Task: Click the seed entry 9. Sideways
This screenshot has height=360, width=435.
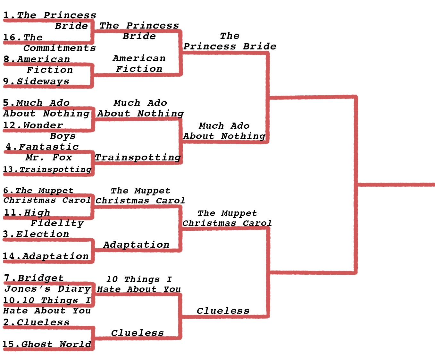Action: click(36, 81)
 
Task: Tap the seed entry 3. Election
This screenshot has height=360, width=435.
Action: click(36, 234)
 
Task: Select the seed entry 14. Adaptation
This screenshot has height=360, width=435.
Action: click(46, 256)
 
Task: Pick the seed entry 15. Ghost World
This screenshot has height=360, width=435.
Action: click(47, 344)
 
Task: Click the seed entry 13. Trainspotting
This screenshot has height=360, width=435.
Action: click(47, 169)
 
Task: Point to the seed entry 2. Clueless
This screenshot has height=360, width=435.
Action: click(36, 322)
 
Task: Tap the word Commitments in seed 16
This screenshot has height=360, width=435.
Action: click(59, 48)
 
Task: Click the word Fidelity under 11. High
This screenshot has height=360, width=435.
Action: click(57, 223)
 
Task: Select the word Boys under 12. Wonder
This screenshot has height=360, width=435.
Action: click(63, 136)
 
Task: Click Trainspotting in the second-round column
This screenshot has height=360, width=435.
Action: click(138, 158)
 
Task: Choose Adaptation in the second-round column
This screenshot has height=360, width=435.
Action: click(136, 245)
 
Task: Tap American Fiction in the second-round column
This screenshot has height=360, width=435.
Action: click(139, 64)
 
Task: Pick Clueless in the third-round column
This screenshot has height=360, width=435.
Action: click(223, 311)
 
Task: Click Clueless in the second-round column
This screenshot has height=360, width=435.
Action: click(137, 333)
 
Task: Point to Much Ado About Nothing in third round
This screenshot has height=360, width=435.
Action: click(224, 131)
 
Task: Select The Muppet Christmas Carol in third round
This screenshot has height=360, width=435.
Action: click(227, 218)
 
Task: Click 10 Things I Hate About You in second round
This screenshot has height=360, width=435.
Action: click(139, 284)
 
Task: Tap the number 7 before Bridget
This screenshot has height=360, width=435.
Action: click(7, 278)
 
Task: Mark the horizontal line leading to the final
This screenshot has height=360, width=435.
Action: click(396, 184)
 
